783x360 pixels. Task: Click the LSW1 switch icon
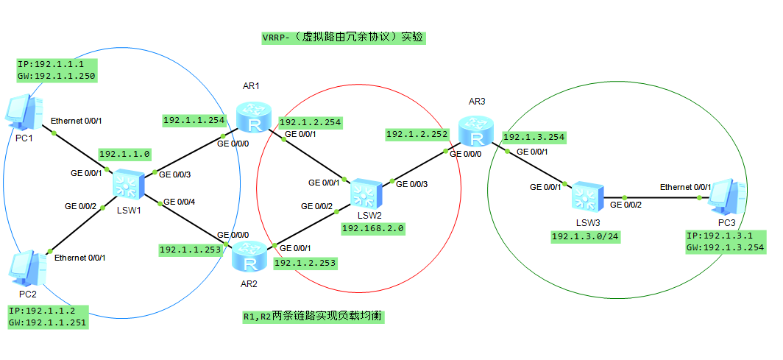click(x=128, y=183)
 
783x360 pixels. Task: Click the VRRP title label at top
click(x=343, y=38)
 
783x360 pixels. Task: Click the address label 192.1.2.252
click(x=417, y=134)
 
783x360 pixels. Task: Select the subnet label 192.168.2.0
click(x=372, y=228)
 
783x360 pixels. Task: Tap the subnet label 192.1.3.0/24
click(x=584, y=236)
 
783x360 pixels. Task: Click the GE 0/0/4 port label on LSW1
click(x=179, y=202)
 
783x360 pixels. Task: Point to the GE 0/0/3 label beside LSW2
click(x=412, y=184)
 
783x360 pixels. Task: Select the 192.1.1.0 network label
click(x=124, y=154)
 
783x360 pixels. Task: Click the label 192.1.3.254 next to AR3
click(x=534, y=137)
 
